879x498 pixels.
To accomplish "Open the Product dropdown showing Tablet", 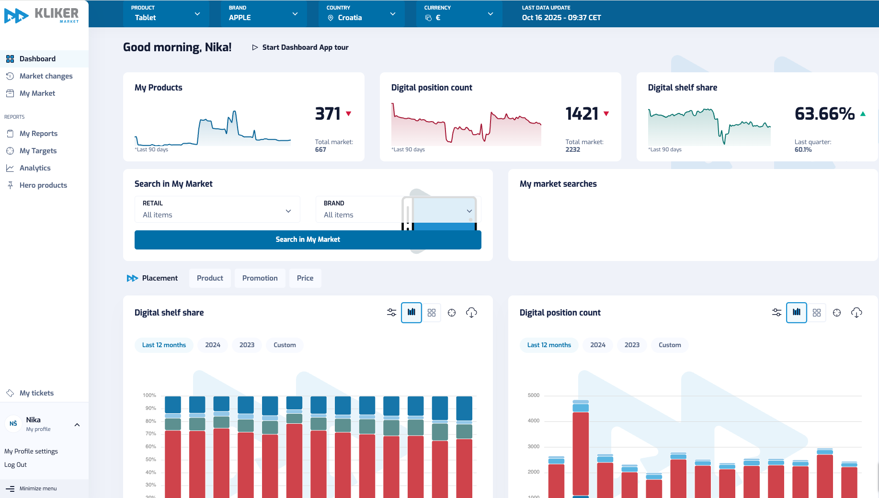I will (x=165, y=14).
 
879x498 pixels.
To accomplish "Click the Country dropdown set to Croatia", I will (x=361, y=14).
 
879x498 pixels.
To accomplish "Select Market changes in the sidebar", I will (x=46, y=76).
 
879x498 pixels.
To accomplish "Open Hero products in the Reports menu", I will (x=43, y=185).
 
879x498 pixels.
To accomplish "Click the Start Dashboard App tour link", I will (x=300, y=47).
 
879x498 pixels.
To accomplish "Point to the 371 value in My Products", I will (x=328, y=114).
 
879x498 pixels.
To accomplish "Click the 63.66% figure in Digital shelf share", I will (x=824, y=114).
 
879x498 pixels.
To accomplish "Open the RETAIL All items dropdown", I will (x=217, y=210).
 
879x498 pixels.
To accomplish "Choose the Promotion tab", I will (x=260, y=278).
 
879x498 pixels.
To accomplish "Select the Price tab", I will (x=305, y=278).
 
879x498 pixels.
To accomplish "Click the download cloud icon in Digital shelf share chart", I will (x=471, y=313).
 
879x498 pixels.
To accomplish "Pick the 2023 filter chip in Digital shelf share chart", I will (x=247, y=345).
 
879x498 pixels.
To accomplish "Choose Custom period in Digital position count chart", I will (x=669, y=345).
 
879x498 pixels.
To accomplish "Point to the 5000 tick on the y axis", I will (x=533, y=396).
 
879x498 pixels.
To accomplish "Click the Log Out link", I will (x=15, y=465).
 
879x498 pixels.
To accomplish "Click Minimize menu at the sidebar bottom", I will (x=37, y=489).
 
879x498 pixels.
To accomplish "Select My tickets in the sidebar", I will (x=36, y=393).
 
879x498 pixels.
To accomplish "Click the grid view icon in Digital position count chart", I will (x=817, y=313).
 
